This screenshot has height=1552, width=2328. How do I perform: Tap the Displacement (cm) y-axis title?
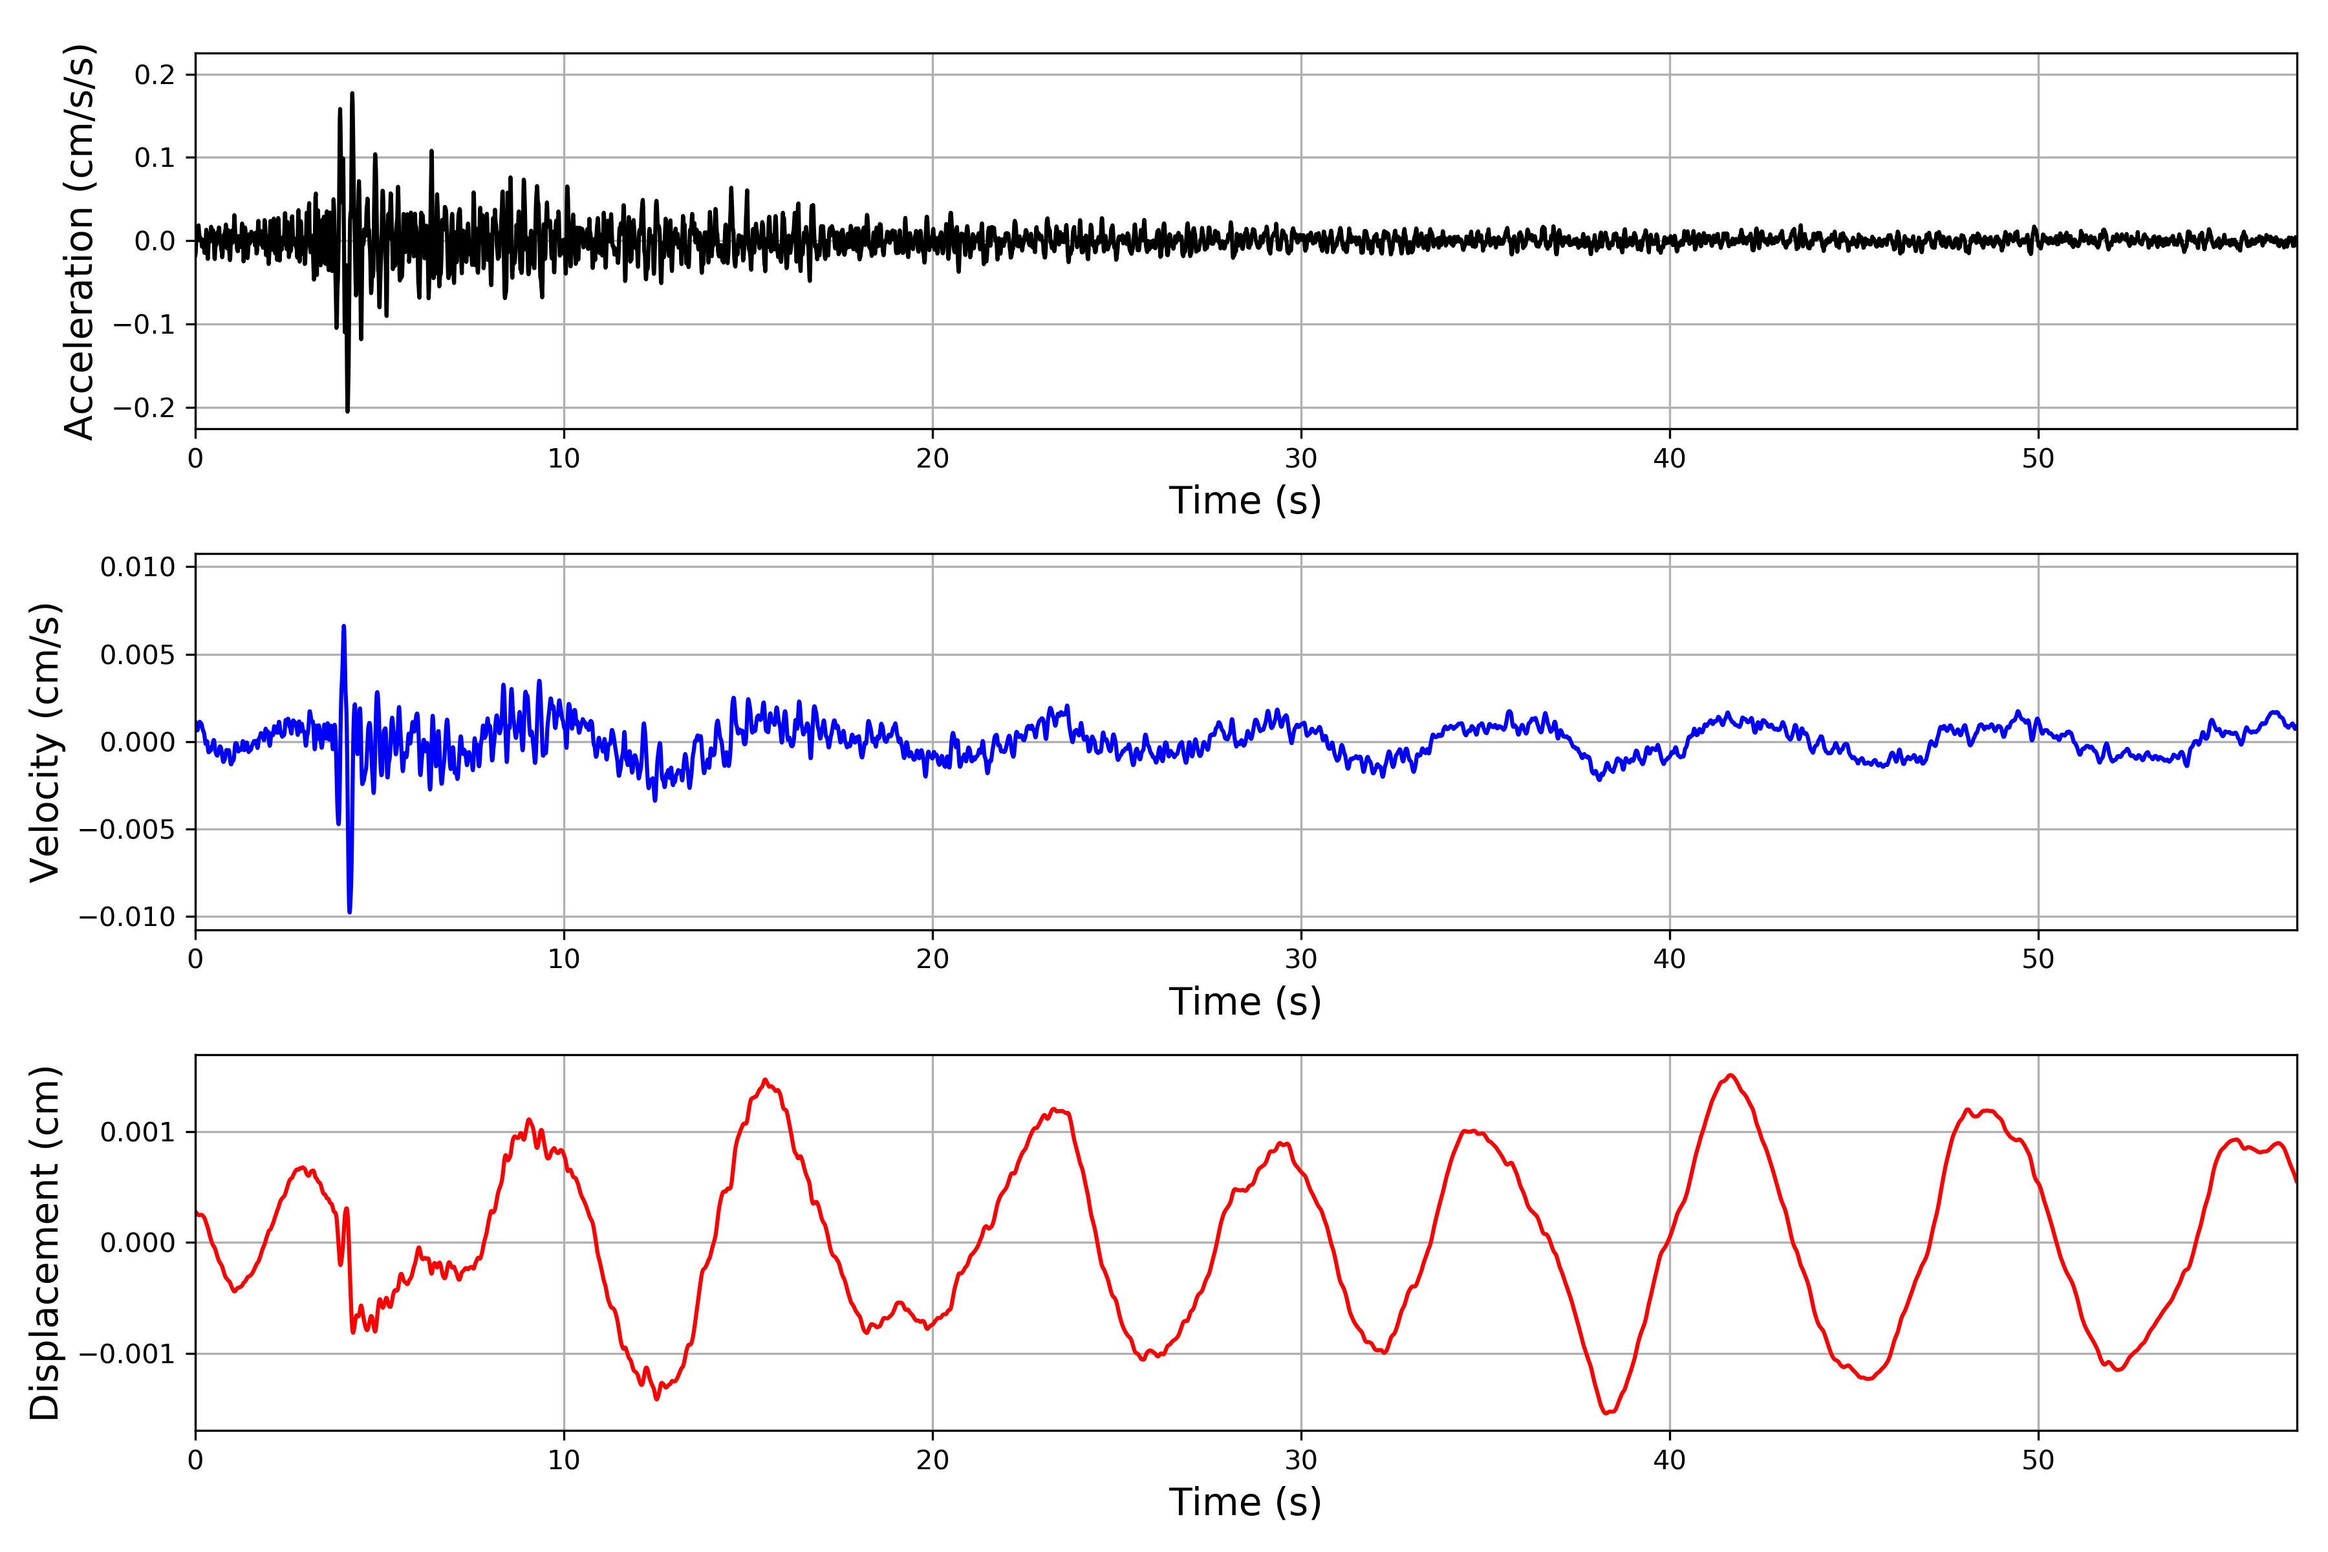click(45, 1242)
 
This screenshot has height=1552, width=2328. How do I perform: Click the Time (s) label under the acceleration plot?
click(1244, 501)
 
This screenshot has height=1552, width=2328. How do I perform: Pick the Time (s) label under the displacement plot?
click(1244, 1502)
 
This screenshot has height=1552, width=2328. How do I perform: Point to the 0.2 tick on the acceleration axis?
click(155, 75)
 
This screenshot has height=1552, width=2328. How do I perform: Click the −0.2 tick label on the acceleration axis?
click(144, 408)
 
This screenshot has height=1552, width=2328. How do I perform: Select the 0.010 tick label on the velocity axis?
click(138, 567)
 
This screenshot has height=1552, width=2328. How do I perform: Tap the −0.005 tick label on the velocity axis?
click(127, 830)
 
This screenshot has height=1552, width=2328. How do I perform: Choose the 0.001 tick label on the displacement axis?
click(138, 1132)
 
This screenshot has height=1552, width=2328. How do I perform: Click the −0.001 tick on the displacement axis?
click(127, 1354)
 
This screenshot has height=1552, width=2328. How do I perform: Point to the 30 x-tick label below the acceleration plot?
click(1300, 459)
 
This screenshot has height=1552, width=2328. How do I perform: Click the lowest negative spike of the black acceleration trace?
click(347, 411)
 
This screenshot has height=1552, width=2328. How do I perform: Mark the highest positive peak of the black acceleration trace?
click(352, 94)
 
